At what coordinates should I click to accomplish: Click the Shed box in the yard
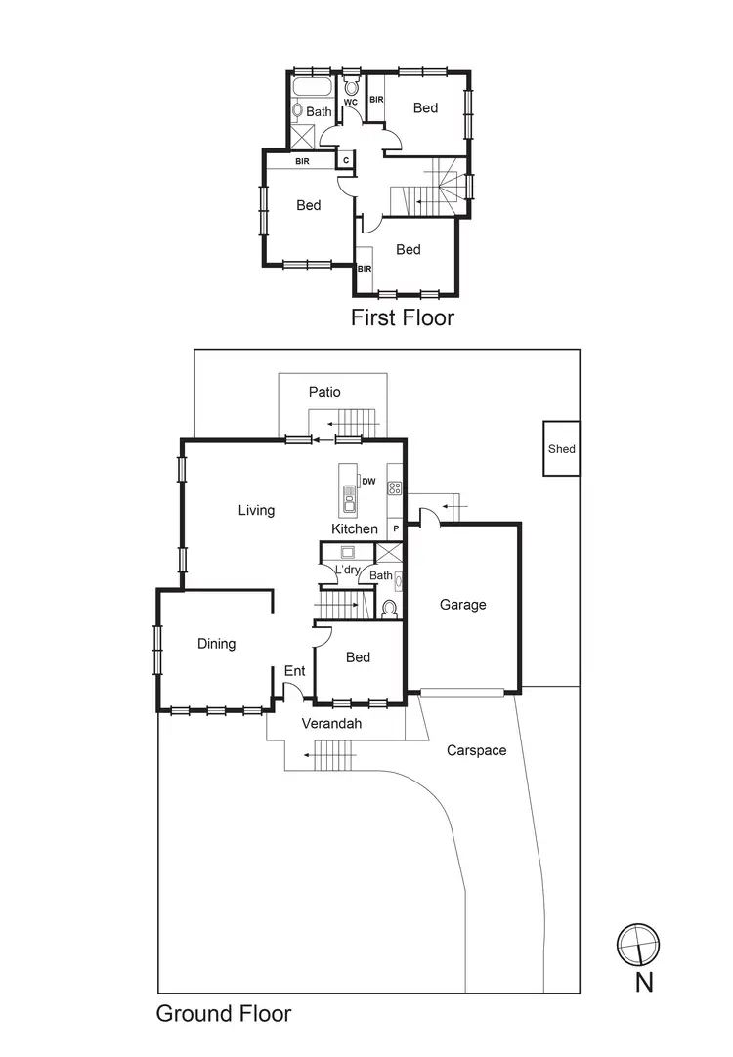point(562,449)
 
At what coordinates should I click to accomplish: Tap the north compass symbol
point(638,944)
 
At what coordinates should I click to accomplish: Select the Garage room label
point(462,605)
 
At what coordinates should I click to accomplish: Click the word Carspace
point(477,750)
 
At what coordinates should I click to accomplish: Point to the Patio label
point(324,392)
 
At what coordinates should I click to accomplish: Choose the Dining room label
point(216,644)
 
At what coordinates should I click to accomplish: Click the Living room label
point(256,510)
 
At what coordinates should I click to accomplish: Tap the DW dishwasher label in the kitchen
point(368,481)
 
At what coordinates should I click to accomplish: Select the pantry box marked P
point(396,528)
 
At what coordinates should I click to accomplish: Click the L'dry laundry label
point(346,570)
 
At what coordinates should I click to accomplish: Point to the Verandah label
point(331,724)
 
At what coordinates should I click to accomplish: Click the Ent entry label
point(294,671)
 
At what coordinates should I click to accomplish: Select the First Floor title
point(402,317)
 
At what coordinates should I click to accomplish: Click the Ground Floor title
point(224,1014)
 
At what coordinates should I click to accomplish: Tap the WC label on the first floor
point(350,102)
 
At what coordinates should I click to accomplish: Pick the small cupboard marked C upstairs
point(345,160)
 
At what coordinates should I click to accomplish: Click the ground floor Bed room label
point(358,657)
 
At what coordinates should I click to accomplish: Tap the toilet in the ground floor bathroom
point(389,609)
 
